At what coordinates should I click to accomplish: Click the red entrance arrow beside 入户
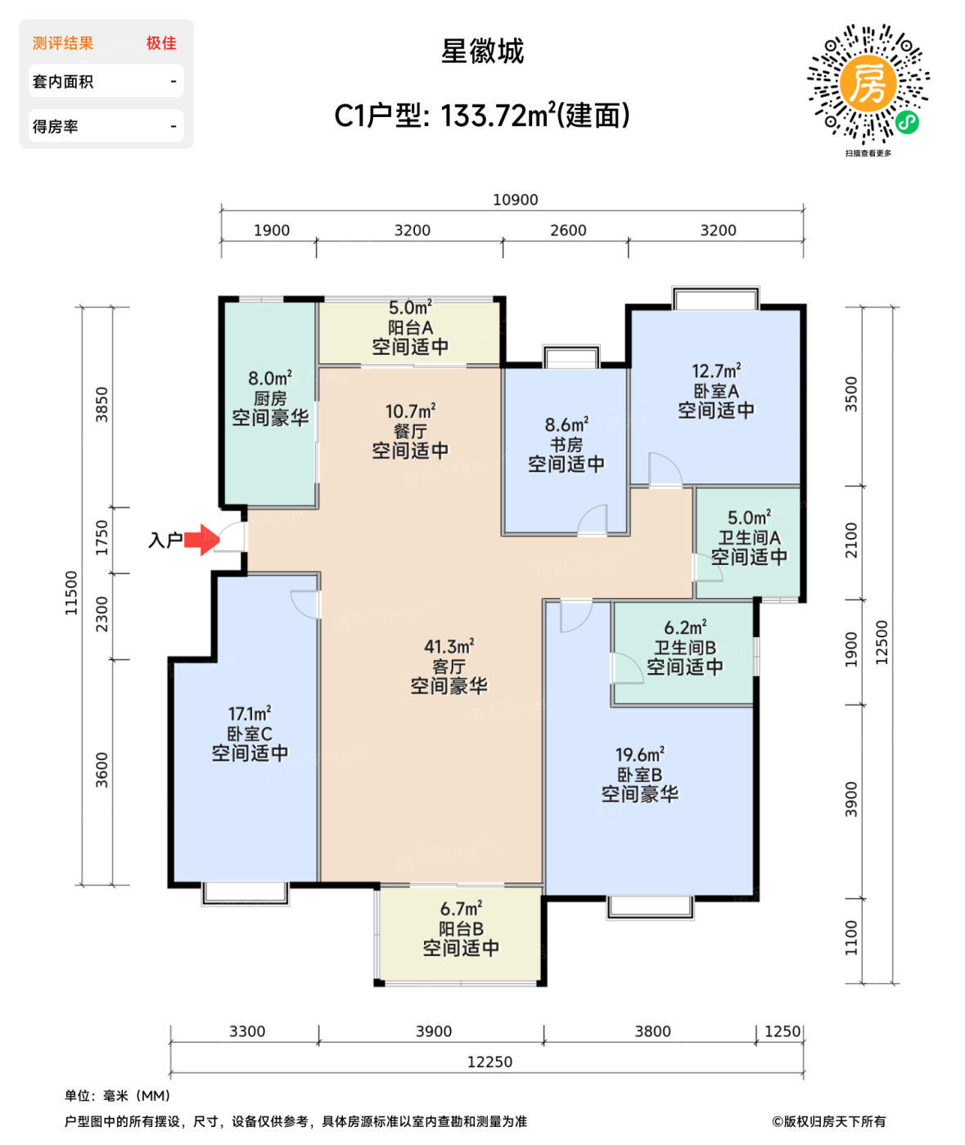201,540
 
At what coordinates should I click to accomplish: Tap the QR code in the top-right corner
868,85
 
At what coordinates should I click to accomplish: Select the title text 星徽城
482,52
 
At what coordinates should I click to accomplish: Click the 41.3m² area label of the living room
449,647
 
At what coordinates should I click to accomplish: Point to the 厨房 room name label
270,398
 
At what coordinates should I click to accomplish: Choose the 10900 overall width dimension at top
515,200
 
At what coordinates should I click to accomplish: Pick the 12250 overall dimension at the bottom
489,1062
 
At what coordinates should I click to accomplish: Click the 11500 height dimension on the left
71,593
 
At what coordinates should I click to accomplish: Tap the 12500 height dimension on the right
882,642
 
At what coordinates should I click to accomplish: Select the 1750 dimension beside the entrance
101,537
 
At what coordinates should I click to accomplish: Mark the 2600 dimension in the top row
567,231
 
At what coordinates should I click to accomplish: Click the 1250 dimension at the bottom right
782,1031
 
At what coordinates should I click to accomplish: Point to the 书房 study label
566,445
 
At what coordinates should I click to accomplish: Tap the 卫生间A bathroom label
749,538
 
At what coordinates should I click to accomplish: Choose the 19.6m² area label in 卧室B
639,755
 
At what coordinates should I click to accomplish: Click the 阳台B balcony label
461,929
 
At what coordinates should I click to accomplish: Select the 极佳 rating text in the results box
161,43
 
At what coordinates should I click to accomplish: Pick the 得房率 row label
56,127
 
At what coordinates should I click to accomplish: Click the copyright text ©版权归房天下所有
828,1121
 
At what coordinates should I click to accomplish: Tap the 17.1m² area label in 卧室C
249,714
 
